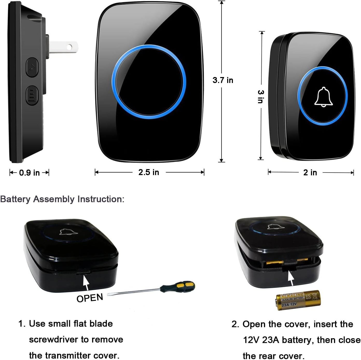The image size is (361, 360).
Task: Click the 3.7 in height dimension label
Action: pos(223,80)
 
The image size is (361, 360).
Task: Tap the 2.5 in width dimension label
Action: pos(149,172)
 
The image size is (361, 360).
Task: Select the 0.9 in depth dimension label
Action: pos(29,173)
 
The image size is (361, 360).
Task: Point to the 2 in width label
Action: pos(310,172)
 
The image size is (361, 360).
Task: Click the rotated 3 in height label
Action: pos(261,96)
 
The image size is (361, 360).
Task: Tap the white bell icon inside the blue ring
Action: pos(323,97)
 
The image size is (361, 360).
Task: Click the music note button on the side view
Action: pos(32,67)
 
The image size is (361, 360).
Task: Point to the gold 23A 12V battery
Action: pos(298,300)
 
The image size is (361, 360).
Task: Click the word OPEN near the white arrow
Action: pos(90,298)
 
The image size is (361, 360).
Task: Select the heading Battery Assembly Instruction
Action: pos(62,199)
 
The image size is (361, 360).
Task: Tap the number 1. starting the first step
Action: pos(22,324)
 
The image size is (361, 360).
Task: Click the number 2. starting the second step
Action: pos(235,324)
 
